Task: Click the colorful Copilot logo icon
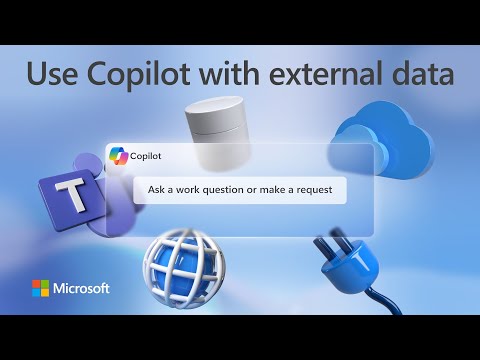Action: pos(118,156)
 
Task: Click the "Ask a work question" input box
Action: pos(240,191)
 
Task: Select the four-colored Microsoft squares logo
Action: pos(40,289)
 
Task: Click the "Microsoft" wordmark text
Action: pos(83,289)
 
